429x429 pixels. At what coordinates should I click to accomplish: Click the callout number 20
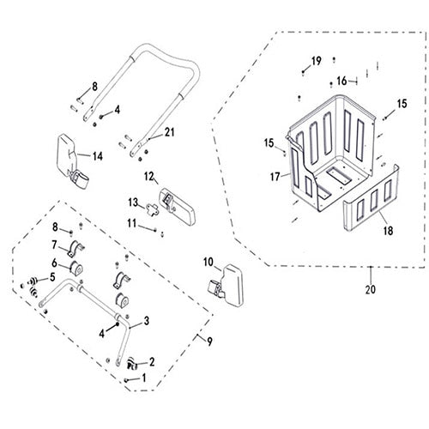(x=371, y=288)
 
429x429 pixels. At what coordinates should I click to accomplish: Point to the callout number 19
(x=316, y=60)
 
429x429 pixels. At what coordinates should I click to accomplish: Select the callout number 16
(x=341, y=81)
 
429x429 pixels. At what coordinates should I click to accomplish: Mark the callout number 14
(x=98, y=155)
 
